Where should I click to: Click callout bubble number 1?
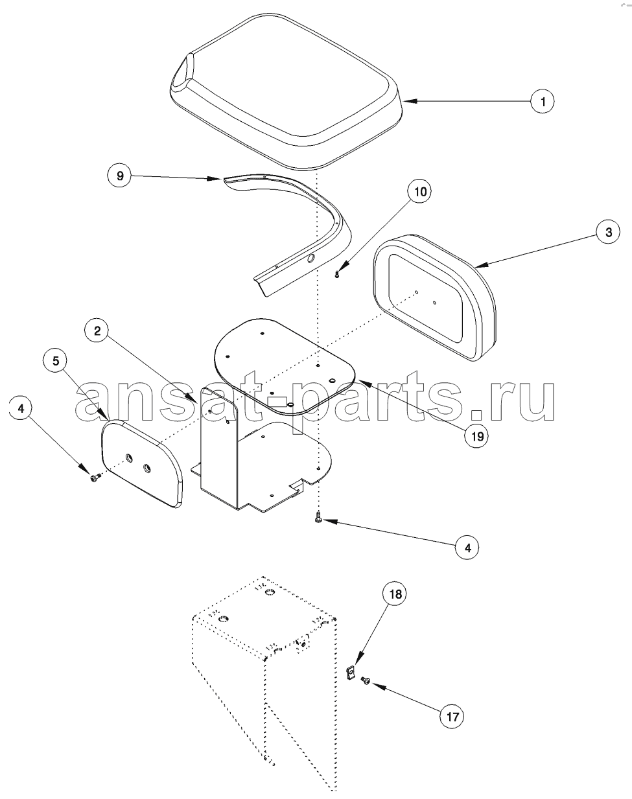[543, 101]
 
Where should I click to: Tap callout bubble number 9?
[120, 175]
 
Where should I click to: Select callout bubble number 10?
[419, 192]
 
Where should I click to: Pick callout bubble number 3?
[608, 232]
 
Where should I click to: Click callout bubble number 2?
[97, 330]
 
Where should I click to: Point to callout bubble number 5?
[55, 361]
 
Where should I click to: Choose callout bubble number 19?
[477, 436]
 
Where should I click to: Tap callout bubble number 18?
[395, 594]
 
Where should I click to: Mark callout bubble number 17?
[452, 716]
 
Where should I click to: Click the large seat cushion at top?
[286, 93]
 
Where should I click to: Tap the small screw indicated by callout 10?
[337, 274]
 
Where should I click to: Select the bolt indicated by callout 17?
[365, 680]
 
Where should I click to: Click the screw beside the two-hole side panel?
[93, 479]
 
